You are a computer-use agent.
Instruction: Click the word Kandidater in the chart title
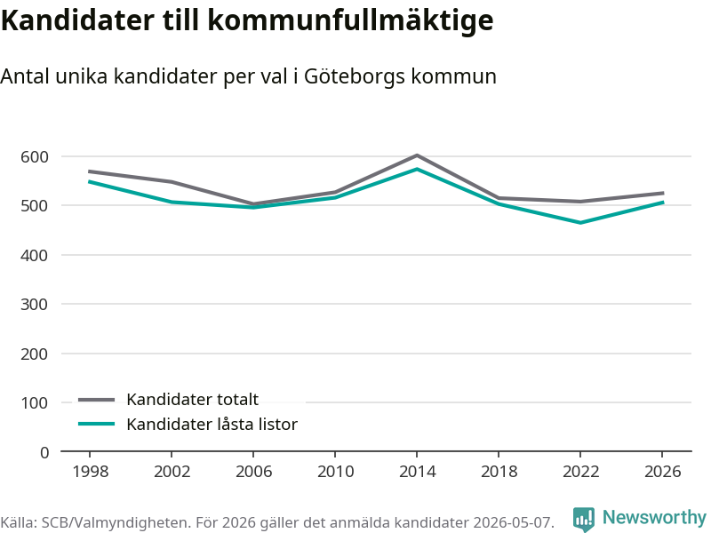pyautogui.click(x=77, y=20)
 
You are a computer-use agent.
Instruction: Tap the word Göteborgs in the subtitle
pyautogui.click(x=354, y=76)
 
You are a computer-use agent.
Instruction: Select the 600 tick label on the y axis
pyautogui.click(x=35, y=157)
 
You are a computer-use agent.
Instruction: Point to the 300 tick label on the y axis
pyautogui.click(x=35, y=304)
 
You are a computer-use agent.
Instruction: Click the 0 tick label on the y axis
pyautogui.click(x=44, y=452)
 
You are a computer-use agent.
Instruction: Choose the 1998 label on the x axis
pyautogui.click(x=91, y=472)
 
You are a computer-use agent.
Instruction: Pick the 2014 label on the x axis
pyautogui.click(x=417, y=472)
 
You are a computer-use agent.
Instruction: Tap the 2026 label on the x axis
pyautogui.click(x=662, y=472)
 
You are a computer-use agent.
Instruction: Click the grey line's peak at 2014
pyautogui.click(x=417, y=155)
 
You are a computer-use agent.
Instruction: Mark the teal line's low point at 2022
pyautogui.click(x=580, y=223)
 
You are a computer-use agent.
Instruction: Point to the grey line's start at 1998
pyautogui.click(x=90, y=171)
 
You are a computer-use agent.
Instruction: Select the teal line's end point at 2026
pyautogui.click(x=663, y=203)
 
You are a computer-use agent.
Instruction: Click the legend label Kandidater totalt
pyautogui.click(x=192, y=399)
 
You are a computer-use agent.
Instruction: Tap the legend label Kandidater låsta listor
pyautogui.click(x=212, y=425)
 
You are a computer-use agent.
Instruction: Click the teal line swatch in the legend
pyautogui.click(x=97, y=424)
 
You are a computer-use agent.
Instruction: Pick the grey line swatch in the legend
pyautogui.click(x=97, y=399)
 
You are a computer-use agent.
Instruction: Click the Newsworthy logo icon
pyautogui.click(x=584, y=519)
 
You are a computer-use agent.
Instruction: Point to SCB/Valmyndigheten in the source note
pyautogui.click(x=116, y=523)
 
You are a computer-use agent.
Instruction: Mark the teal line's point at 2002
pyautogui.click(x=172, y=202)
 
